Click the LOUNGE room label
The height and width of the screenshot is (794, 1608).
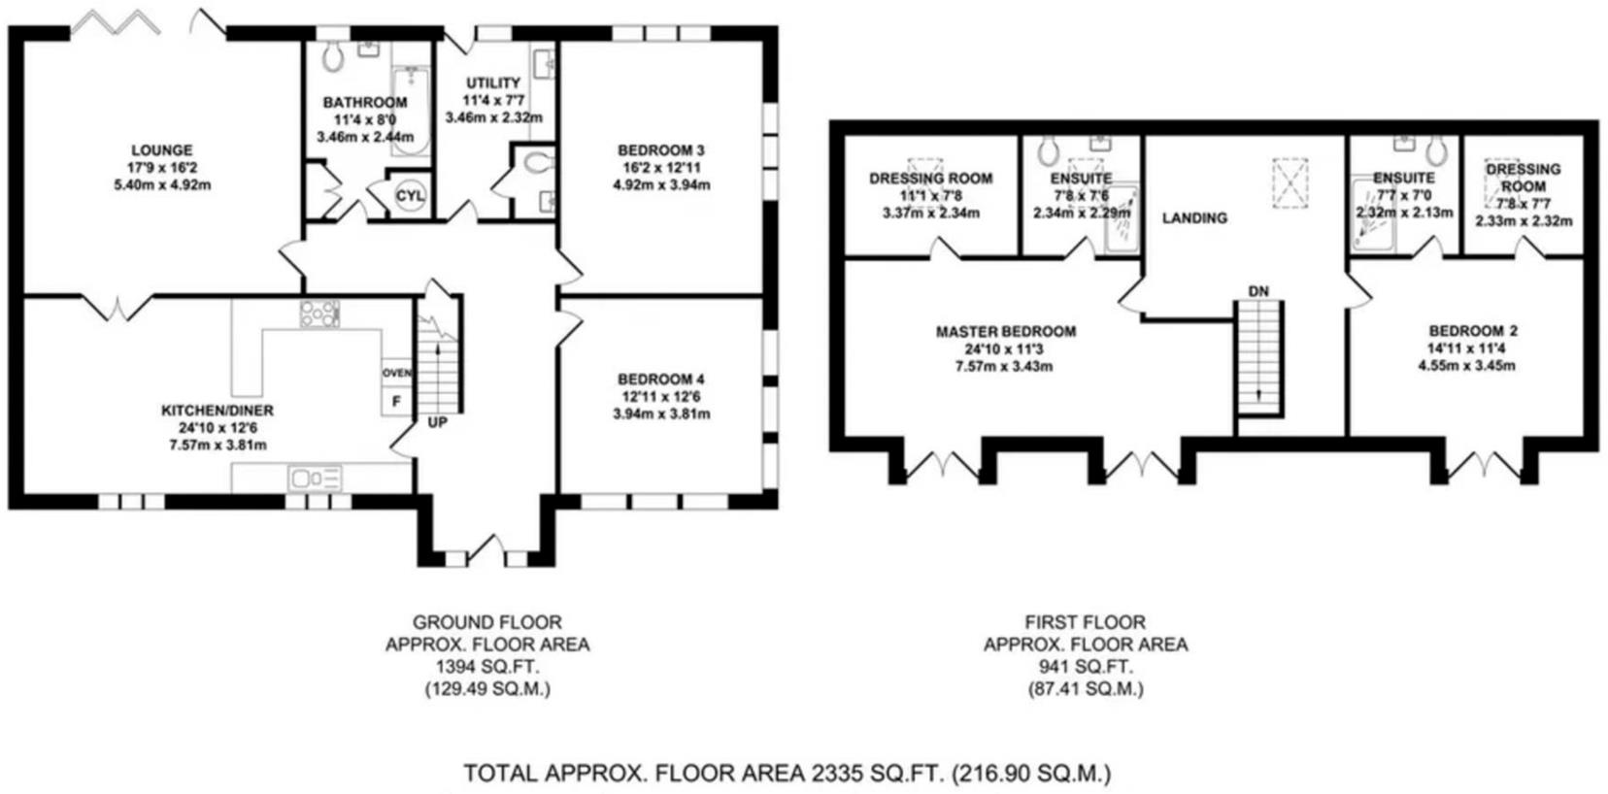[162, 150]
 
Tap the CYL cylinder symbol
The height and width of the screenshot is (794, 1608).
[410, 196]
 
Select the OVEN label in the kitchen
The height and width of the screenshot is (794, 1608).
[396, 373]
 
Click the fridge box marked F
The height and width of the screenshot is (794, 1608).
[395, 401]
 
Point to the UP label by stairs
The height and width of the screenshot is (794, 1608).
[437, 423]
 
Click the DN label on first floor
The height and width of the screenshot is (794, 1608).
[1257, 291]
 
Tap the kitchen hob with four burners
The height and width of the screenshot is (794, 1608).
[319, 314]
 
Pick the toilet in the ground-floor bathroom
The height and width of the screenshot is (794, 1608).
[334, 57]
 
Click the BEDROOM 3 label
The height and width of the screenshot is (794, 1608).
[660, 150]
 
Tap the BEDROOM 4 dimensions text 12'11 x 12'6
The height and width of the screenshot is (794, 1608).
[660, 396]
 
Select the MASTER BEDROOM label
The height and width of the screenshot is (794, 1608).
[1005, 332]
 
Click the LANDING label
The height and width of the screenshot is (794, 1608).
[1194, 218]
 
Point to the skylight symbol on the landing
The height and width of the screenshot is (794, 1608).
[1290, 182]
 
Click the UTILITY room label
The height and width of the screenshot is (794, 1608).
[492, 83]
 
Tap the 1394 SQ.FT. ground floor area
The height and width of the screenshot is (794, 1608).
[486, 667]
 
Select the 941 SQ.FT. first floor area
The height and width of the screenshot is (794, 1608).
[1085, 667]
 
